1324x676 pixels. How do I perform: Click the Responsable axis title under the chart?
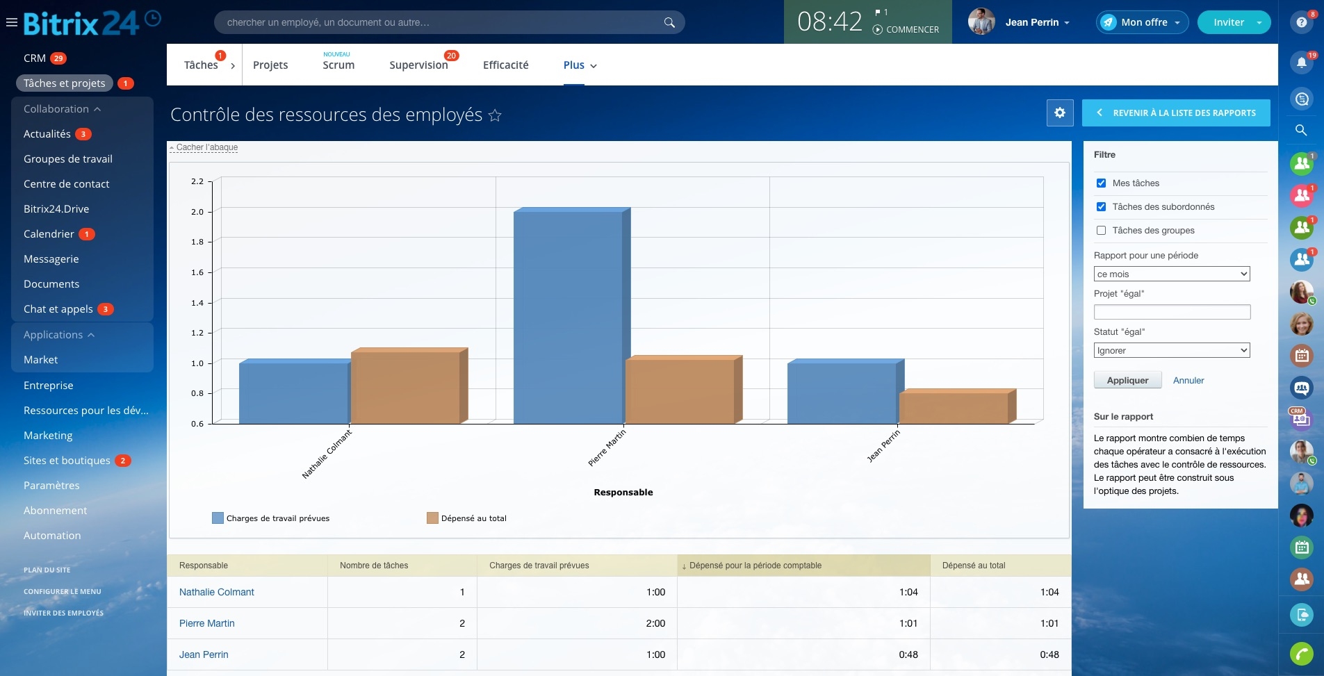[623, 493]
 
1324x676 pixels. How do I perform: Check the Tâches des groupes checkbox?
[1101, 231]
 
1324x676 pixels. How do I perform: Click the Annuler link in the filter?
[1188, 381]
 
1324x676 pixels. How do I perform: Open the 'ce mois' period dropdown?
[1172, 274]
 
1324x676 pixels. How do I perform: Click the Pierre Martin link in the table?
[207, 623]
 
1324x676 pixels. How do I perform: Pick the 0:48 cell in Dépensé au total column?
[1049, 654]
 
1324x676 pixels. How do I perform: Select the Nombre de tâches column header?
[374, 566]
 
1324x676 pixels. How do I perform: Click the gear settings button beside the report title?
[1060, 113]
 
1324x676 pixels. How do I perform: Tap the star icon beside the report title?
[495, 115]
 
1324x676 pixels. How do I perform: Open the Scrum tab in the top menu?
[338, 65]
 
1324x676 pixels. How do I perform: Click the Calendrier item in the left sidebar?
[49, 234]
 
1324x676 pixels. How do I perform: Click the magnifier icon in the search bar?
[669, 22]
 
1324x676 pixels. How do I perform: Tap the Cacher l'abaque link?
[207, 147]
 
